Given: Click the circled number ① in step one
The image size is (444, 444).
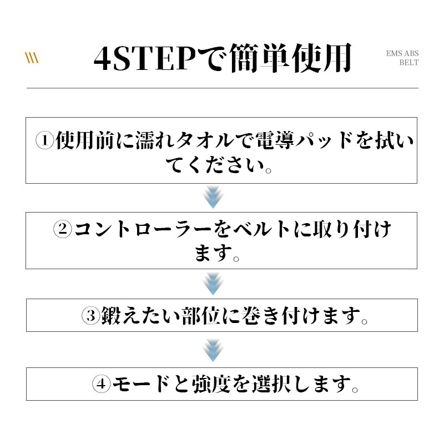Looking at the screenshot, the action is pyautogui.click(x=45, y=141).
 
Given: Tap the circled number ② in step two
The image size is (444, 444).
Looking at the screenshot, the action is pyautogui.click(x=63, y=229).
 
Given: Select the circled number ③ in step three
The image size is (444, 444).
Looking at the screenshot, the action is pyautogui.click(x=90, y=315).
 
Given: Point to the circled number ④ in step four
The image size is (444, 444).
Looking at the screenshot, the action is pyautogui.click(x=101, y=384).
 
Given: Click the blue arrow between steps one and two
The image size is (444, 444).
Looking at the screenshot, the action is pyautogui.click(x=213, y=197).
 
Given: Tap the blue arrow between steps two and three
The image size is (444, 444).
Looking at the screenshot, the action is pyautogui.click(x=213, y=284).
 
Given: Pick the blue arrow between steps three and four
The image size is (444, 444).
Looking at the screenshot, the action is pyautogui.click(x=213, y=350).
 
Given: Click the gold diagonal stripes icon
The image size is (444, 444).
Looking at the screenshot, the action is pyautogui.click(x=32, y=58).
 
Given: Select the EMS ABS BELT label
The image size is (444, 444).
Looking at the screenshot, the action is pyautogui.click(x=402, y=58).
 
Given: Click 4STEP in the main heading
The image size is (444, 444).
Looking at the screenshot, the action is pyautogui.click(x=145, y=59).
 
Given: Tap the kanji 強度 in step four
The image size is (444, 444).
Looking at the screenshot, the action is pyautogui.click(x=211, y=384).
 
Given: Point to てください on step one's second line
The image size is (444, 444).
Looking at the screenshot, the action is pyautogui.click(x=215, y=165).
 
